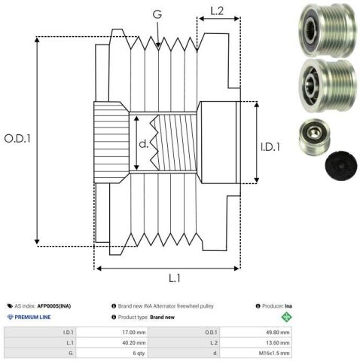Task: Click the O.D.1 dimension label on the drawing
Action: [17, 139]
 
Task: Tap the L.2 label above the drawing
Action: [217, 11]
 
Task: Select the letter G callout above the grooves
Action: [157, 14]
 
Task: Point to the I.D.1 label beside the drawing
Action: [270, 147]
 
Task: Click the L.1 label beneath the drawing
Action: [175, 278]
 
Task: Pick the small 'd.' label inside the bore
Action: [144, 144]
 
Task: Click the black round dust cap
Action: [341, 165]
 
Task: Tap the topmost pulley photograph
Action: [328, 30]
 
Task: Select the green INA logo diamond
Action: [286, 317]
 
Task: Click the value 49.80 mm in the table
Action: [278, 333]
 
